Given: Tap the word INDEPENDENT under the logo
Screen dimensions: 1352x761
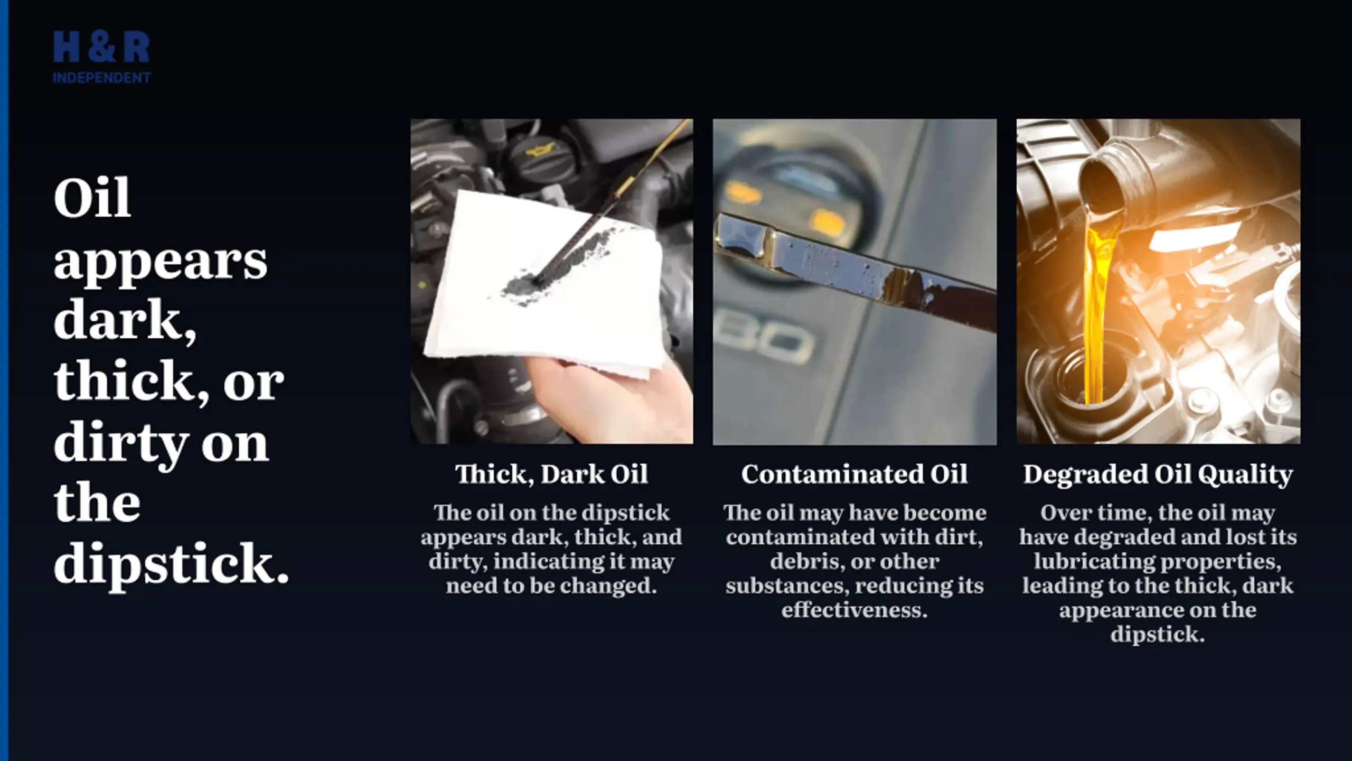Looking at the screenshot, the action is (101, 78).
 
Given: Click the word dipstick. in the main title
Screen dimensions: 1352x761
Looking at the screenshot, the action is (172, 564).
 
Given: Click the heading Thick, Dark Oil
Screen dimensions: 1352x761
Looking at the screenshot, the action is (551, 474).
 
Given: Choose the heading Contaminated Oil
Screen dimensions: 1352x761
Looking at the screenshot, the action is (855, 474).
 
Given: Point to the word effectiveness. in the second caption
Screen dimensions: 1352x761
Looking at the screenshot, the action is (855, 610).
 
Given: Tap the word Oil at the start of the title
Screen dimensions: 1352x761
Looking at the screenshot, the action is (92, 199).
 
